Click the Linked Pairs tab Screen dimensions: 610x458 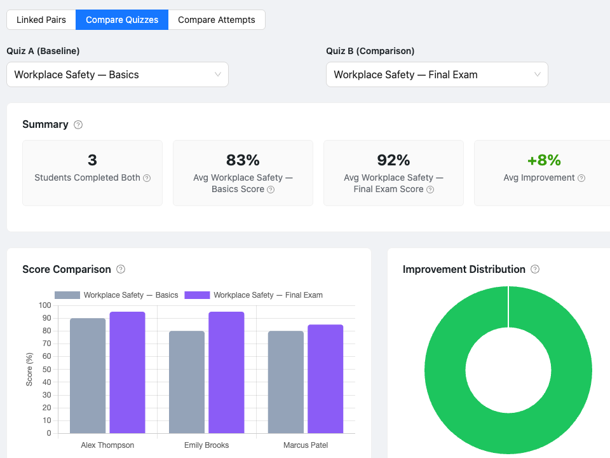41,20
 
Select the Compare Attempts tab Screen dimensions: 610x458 217,20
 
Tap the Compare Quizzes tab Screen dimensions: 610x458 122,20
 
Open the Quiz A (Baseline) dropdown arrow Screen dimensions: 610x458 218,74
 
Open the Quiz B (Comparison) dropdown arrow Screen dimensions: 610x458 538,74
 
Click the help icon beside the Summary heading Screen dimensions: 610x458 78,125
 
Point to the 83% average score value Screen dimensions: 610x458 243,160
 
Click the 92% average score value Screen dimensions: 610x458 393,160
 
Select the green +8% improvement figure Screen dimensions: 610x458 544,160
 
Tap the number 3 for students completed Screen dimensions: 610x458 92,160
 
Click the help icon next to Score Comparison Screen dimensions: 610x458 121,269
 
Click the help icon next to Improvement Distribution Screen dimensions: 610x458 535,269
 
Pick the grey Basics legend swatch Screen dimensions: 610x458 67,295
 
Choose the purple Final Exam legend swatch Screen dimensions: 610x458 197,295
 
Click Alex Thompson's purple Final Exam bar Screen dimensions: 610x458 127,372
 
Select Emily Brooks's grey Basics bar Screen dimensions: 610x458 187,382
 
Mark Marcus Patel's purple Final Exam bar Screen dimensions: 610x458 325,379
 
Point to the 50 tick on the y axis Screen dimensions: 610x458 46,369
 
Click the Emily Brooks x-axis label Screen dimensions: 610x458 207,445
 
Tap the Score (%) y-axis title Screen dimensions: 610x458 29,369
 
